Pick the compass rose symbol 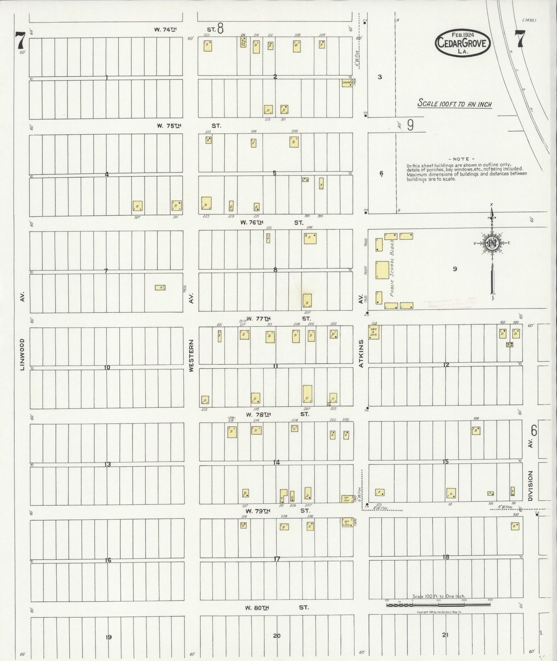(492, 243)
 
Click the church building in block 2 (347, 83)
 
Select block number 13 (108, 464)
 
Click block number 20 (276, 636)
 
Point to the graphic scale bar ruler (438, 605)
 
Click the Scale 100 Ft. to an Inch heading (455, 104)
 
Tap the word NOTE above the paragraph (461, 159)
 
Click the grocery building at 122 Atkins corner (374, 332)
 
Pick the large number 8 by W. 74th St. (220, 29)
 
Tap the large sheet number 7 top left (20, 40)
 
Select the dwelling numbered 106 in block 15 (476, 430)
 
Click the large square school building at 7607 (382, 270)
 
